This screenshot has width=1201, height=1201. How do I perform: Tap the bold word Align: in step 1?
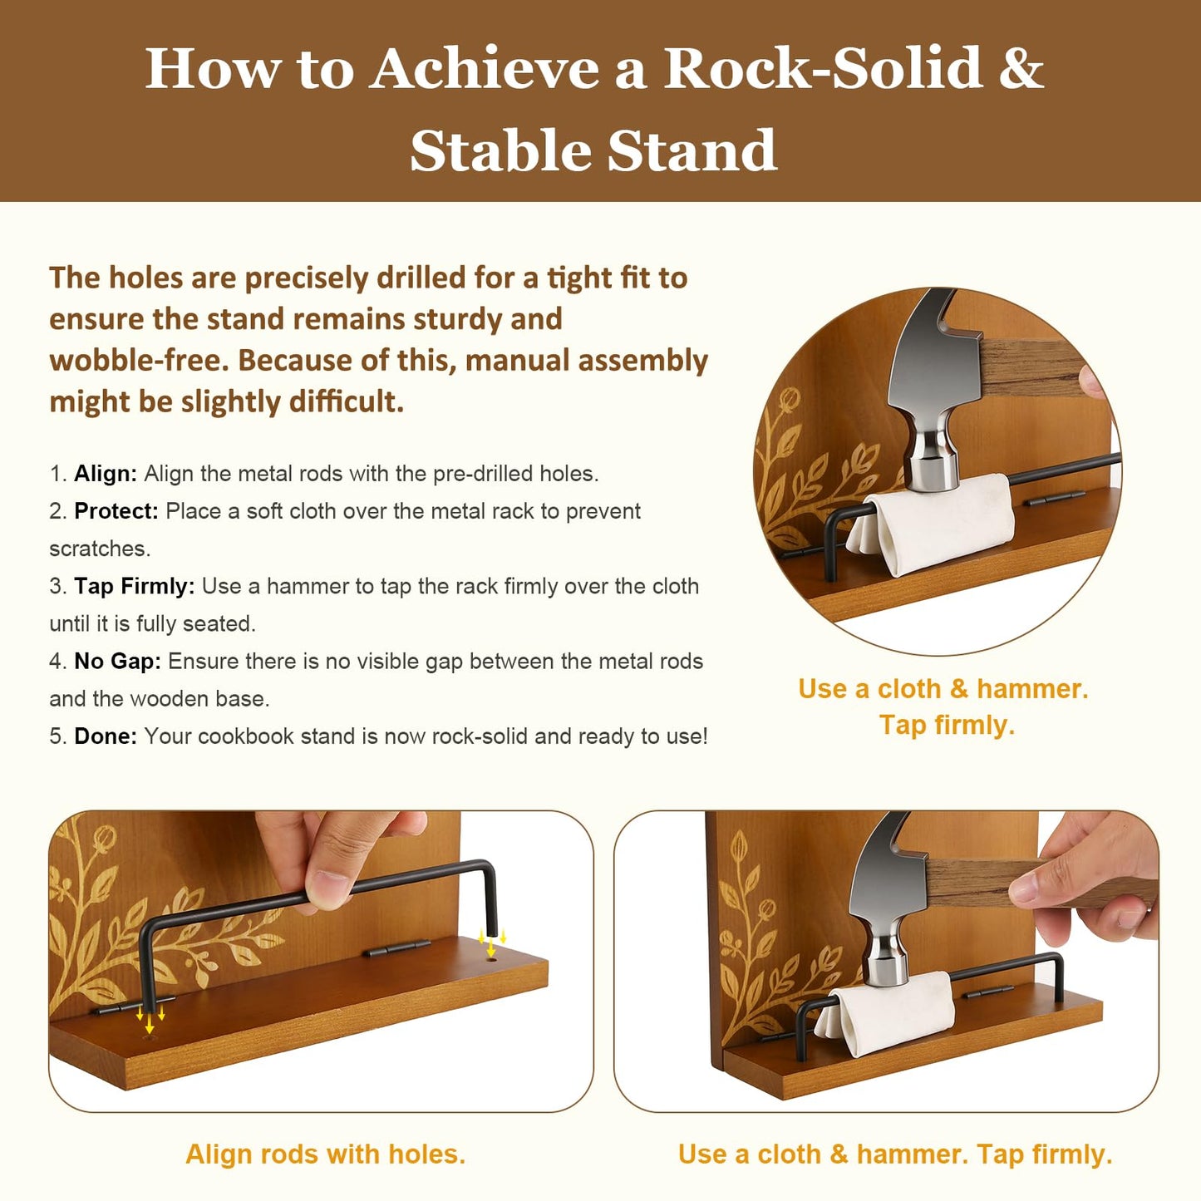[106, 474]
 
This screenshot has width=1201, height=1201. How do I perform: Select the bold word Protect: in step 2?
[116, 511]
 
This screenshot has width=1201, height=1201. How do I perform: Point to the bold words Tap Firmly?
[135, 587]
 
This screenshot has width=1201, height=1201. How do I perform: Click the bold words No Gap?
[118, 662]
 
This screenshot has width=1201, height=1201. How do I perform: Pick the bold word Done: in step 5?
[106, 736]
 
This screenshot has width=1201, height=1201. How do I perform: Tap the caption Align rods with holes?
[325, 1154]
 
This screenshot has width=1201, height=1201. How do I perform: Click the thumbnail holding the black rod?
[328, 886]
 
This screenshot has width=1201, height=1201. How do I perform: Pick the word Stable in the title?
[503, 150]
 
